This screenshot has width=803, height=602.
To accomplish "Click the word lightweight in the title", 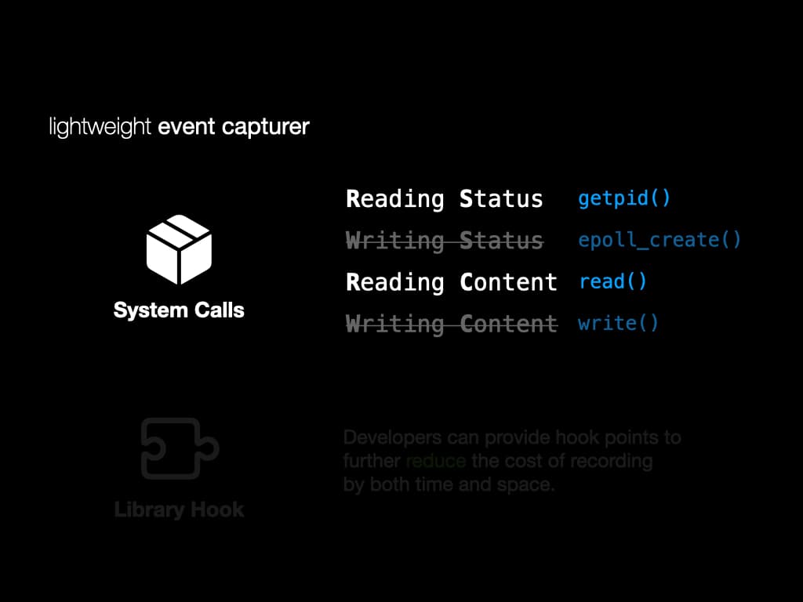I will click(100, 127).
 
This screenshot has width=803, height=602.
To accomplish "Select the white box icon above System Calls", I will click(179, 250).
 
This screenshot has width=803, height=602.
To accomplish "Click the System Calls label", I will click(179, 310).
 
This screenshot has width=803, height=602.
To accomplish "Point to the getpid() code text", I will click(624, 198).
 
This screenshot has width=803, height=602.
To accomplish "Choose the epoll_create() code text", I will click(659, 239).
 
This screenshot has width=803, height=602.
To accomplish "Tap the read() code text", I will click(613, 281).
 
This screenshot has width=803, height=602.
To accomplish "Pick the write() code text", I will click(618, 323).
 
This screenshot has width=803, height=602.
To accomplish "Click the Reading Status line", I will click(444, 199).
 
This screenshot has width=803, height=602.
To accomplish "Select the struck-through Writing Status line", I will click(444, 241).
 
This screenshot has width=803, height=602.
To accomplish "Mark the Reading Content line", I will click(452, 282).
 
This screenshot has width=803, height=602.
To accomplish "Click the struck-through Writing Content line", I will click(452, 324).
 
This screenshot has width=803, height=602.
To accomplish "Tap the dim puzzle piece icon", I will click(180, 448).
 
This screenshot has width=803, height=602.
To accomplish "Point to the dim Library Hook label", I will click(180, 510).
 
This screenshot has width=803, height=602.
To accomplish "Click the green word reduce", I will click(436, 461).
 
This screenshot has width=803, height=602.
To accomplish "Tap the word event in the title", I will click(185, 127).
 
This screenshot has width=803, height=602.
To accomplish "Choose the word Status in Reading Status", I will click(501, 199).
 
